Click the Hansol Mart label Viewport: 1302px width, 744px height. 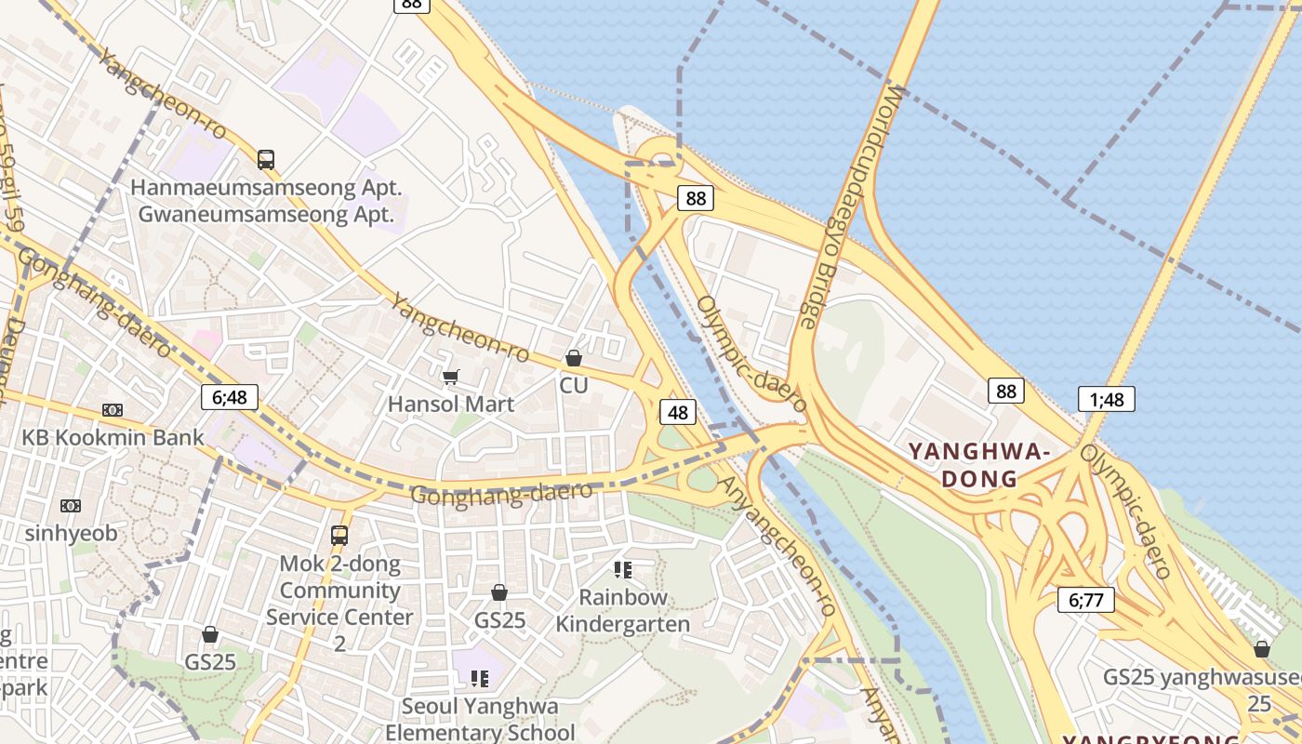click(x=451, y=405)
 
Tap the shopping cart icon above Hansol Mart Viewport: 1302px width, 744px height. click(x=451, y=377)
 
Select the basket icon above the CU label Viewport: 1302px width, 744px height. click(x=574, y=358)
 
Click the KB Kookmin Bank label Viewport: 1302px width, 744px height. click(x=113, y=437)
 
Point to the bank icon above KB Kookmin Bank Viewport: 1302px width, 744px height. click(x=113, y=410)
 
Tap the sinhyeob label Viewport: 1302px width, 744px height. click(x=71, y=533)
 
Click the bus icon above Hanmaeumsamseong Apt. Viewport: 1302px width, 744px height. click(x=266, y=160)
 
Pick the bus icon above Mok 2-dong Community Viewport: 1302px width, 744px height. click(x=339, y=536)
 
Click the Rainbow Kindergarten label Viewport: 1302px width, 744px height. click(x=623, y=610)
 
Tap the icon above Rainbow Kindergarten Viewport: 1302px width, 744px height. click(x=623, y=569)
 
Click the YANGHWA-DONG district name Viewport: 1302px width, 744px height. click(x=978, y=465)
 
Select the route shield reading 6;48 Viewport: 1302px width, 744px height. click(x=230, y=397)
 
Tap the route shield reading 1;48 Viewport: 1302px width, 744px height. click(x=1107, y=400)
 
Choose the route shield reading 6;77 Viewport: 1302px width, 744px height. click(x=1085, y=600)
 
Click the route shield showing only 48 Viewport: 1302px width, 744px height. click(x=678, y=411)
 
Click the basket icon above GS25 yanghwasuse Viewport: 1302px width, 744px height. click(x=1262, y=648)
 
